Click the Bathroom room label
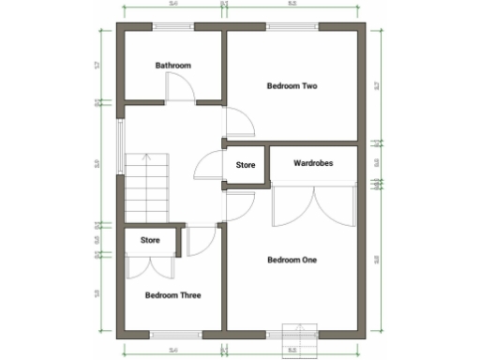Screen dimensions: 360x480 [x=173, y=66]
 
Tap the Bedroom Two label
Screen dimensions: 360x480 [x=292, y=86]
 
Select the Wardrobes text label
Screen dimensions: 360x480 [x=313, y=163]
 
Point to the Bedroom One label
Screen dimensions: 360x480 [x=292, y=260]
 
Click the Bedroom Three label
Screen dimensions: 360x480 [x=173, y=295]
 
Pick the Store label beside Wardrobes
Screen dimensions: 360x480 [x=246, y=165]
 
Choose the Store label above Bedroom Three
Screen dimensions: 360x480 [x=150, y=241]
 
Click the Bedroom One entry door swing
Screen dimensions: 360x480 [x=240, y=206]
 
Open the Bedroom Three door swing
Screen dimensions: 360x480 [x=199, y=241]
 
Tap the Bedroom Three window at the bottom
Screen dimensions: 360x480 [x=173, y=333]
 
